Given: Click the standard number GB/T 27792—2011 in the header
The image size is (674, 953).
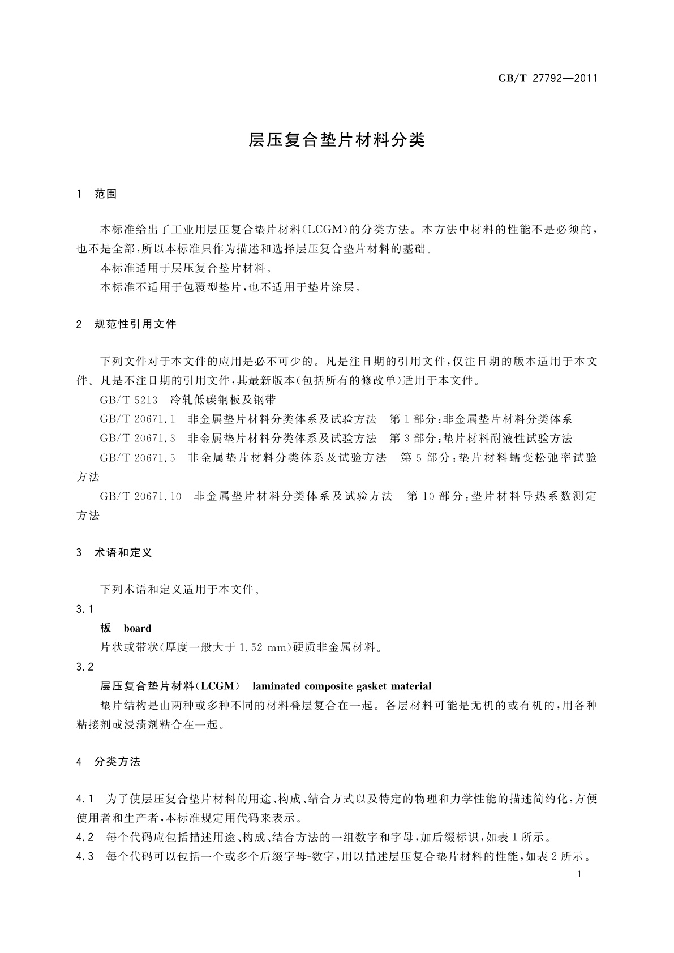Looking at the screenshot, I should pyautogui.click(x=547, y=79).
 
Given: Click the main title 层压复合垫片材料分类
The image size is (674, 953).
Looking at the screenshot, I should pyautogui.click(x=337, y=140).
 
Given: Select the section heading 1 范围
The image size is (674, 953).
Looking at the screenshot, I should pyautogui.click(x=97, y=194).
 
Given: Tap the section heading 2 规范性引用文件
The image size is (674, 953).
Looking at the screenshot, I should pyautogui.click(x=127, y=324).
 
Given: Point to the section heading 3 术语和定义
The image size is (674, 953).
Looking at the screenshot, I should pyautogui.click(x=114, y=553).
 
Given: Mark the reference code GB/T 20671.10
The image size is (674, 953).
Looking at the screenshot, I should pyautogui.click(x=140, y=496).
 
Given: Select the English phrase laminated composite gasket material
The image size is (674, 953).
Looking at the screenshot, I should pyautogui.click(x=342, y=686).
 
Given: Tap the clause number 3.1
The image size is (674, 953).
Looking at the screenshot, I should pyautogui.click(x=84, y=609).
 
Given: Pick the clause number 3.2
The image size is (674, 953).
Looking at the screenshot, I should pyautogui.click(x=84, y=667).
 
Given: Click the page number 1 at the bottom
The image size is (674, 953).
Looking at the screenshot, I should pyautogui.click(x=580, y=874).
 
